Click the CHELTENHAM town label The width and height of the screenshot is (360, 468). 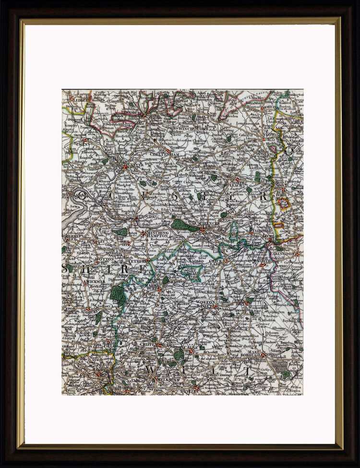pos(164,155)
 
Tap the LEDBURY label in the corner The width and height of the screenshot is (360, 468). pos(79,99)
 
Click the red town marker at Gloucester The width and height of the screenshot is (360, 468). pos(125,167)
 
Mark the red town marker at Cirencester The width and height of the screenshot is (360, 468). pos(203,230)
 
